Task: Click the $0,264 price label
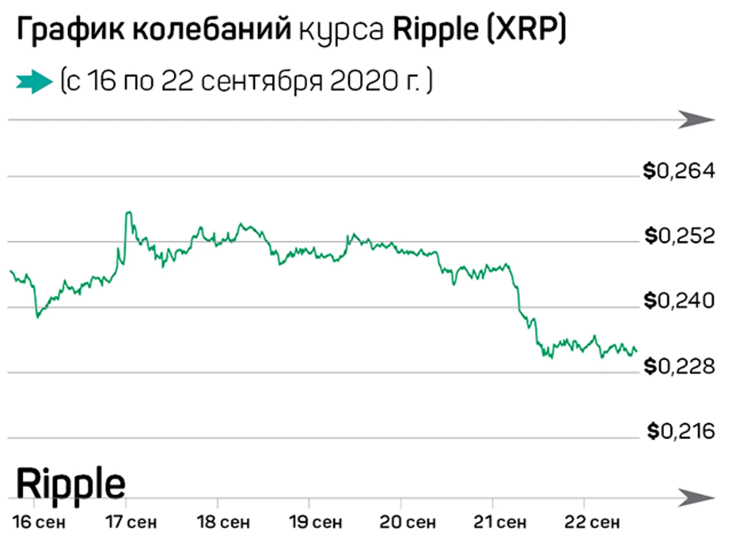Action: (679, 171)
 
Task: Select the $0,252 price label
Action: (679, 236)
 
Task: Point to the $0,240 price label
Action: (679, 301)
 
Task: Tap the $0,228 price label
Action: (679, 366)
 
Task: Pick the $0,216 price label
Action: (680, 431)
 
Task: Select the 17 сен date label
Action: (131, 522)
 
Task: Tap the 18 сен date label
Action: (223, 522)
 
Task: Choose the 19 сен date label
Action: (316, 522)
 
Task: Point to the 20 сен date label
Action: (408, 522)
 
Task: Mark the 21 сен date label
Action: (500, 522)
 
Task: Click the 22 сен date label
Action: (592, 522)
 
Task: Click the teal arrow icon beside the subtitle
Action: (34, 82)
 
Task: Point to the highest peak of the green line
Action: (129, 213)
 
